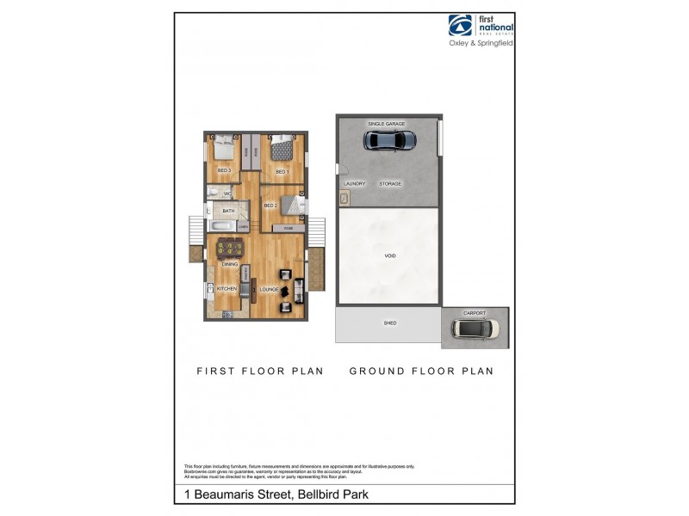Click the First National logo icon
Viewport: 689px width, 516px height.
coord(459,26)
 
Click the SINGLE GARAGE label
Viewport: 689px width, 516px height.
coord(386,124)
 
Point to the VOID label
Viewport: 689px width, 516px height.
coord(389,256)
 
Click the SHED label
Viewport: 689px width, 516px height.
coord(389,323)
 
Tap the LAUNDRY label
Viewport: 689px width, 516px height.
coord(354,183)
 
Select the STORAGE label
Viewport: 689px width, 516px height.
coord(390,183)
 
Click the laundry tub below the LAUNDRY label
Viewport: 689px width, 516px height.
coord(345,199)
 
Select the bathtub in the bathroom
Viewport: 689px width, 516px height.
coord(221,226)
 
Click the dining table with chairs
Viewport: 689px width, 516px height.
coord(228,249)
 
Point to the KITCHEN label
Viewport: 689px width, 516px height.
coord(227,289)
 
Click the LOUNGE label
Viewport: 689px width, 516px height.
coord(269,289)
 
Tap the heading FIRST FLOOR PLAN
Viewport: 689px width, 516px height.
coord(260,372)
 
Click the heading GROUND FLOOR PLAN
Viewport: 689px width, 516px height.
coord(421,372)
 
